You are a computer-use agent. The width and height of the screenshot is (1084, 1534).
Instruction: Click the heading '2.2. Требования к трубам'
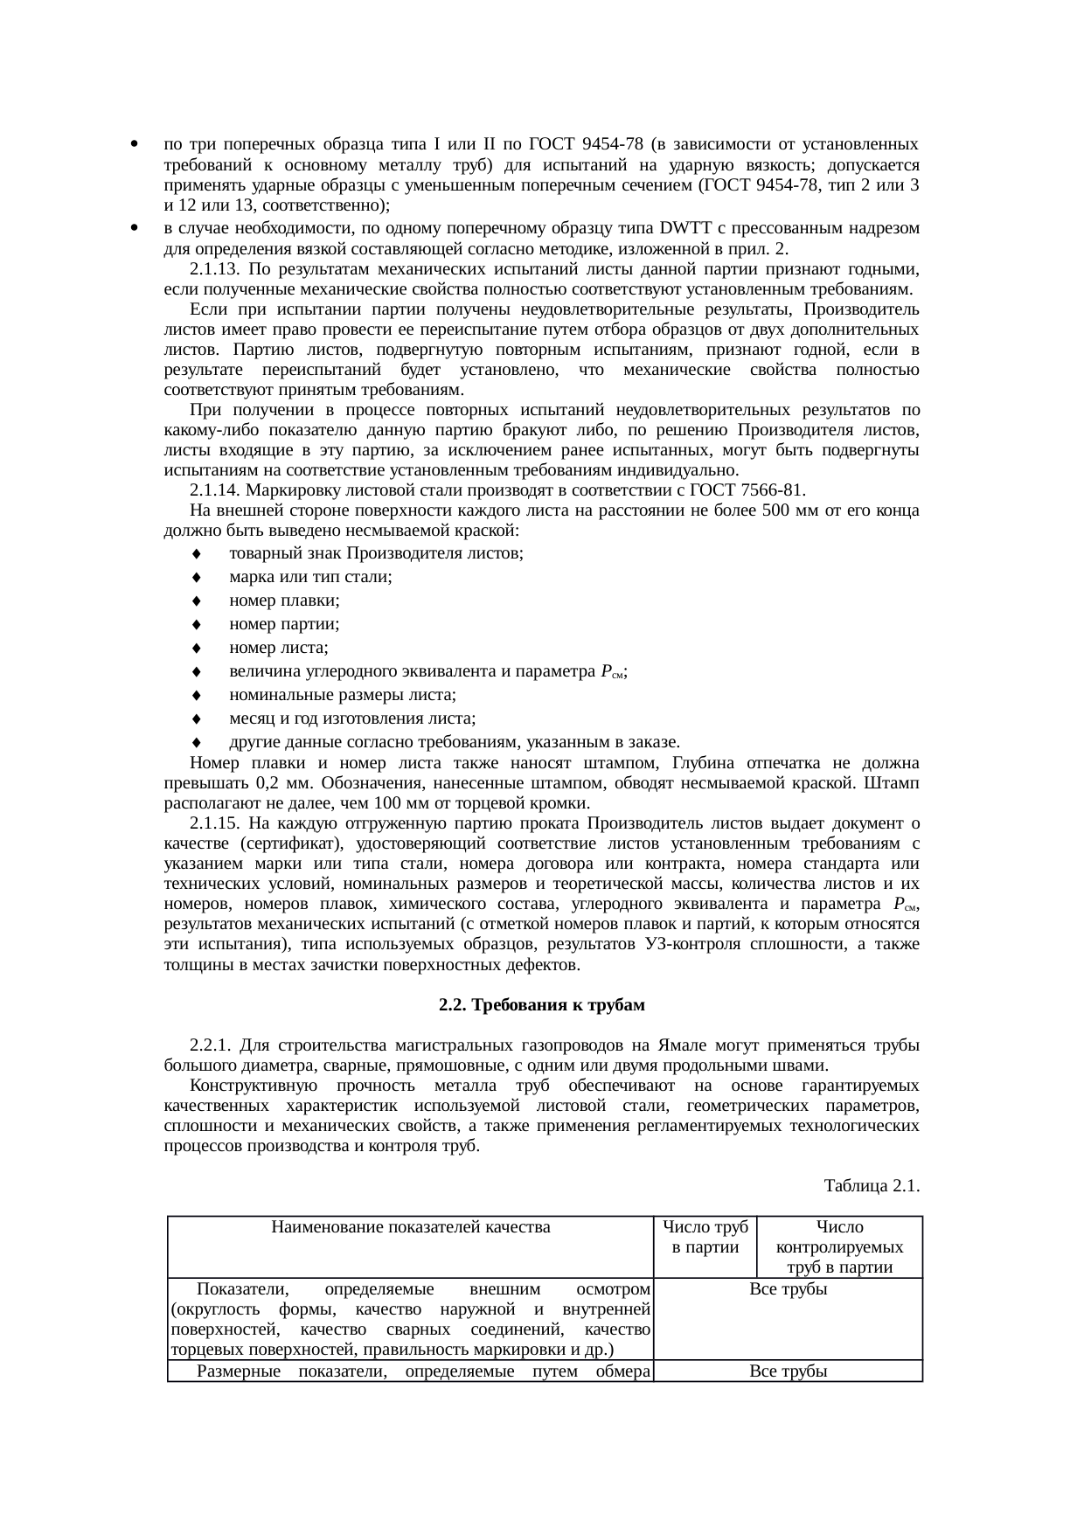click(x=541, y=1005)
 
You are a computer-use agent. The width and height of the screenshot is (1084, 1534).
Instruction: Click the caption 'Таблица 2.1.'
click(x=872, y=1186)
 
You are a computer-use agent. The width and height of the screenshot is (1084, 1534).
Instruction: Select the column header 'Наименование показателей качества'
click(x=411, y=1227)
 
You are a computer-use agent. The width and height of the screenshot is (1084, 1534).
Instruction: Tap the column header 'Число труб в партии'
click(x=705, y=1237)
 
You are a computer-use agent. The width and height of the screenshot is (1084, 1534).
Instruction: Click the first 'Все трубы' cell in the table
click(x=789, y=1289)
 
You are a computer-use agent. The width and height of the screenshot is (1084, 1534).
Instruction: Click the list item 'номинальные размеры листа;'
click(x=342, y=696)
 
